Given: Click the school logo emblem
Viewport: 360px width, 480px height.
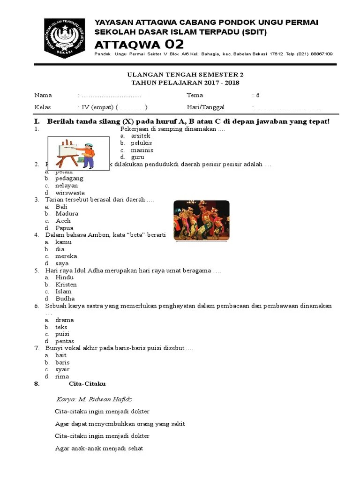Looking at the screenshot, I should pyautogui.click(x=64, y=38).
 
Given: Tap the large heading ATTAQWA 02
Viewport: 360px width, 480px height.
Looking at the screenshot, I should pyautogui.click(x=139, y=45).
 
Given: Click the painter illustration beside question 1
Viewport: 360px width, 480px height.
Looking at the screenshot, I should pyautogui.click(x=78, y=153).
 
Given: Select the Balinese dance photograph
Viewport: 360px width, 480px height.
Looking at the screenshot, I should pyautogui.click(x=202, y=220).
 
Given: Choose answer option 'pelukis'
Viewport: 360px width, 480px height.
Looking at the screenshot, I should pyautogui.click(x=142, y=143).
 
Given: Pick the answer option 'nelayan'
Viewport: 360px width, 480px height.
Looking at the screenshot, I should pyautogui.click(x=67, y=186).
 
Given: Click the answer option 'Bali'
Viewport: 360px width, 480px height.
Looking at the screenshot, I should pyautogui.click(x=61, y=207).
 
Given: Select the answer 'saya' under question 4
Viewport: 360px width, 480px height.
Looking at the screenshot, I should pyautogui.click(x=62, y=263).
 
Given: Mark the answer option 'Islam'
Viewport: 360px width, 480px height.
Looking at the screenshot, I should pyautogui.click(x=63, y=292).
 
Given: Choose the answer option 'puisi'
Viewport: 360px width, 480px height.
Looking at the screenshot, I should pyautogui.click(x=62, y=334).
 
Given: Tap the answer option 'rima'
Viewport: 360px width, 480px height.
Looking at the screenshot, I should pyautogui.click(x=62, y=376).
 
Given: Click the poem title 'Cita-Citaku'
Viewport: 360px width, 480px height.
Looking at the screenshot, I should pyautogui.click(x=87, y=384).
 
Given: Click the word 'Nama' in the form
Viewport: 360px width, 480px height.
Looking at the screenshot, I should pyautogui.click(x=43, y=95).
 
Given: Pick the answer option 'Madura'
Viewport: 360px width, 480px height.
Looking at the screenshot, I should pyautogui.click(x=67, y=214).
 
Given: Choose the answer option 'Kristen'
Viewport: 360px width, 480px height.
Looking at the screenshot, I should pyautogui.click(x=66, y=285).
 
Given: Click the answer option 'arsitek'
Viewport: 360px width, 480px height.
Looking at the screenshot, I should pyautogui.click(x=141, y=136).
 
